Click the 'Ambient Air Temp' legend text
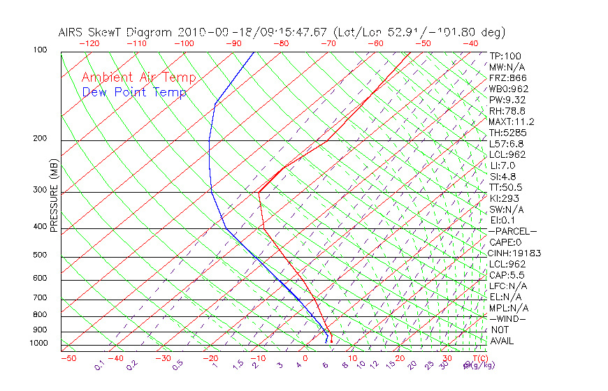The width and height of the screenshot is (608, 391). (138, 78)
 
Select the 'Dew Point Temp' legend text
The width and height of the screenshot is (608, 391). (134, 92)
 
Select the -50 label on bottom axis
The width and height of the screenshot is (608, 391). (68, 358)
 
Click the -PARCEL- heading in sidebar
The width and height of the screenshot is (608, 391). (512, 231)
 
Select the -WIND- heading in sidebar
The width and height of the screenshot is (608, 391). (507, 318)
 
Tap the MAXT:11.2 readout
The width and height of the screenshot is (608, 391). (510, 121)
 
